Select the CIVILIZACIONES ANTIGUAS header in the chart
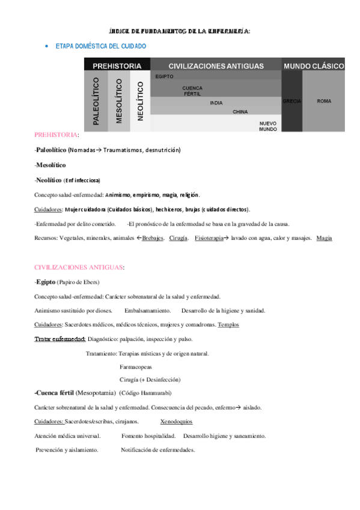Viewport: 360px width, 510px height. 216,66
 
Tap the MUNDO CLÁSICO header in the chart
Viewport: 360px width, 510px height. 314,66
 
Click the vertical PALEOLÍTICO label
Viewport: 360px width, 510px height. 96,101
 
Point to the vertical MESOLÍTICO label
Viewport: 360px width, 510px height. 118,101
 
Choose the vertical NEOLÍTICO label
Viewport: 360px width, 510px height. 140,101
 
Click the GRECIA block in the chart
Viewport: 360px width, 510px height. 291,101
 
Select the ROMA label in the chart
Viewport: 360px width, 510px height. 324,101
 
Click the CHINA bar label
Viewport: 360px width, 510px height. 240,112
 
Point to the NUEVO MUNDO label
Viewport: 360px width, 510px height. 268,126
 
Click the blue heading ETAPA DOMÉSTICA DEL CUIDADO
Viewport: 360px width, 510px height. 100,46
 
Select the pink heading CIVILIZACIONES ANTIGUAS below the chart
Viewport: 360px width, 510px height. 78,266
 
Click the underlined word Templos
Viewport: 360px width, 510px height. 228,325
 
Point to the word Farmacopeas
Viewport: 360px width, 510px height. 136,366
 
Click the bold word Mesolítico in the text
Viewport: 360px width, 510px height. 51,165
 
